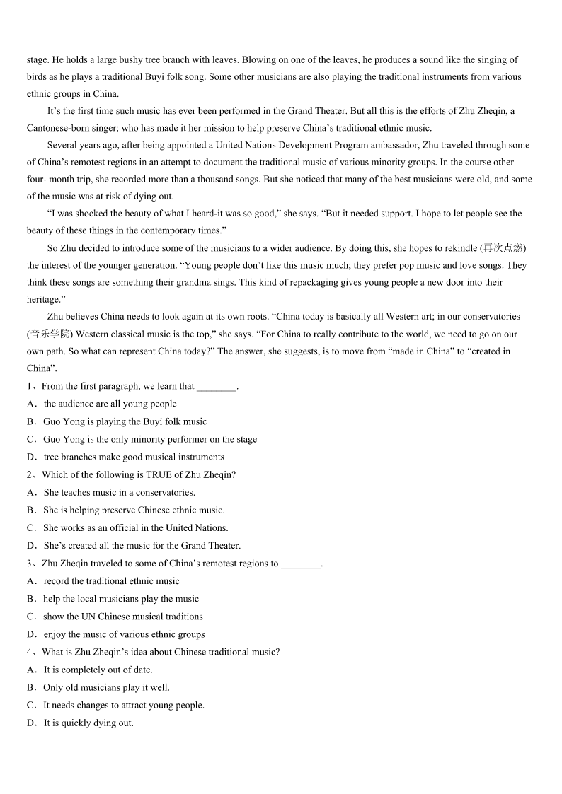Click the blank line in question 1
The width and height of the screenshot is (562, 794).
216,387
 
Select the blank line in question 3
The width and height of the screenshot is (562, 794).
301,564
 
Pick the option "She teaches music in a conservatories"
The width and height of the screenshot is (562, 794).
119,493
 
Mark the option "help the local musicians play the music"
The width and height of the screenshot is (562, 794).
121,599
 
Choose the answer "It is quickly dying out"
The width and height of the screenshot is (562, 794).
88,723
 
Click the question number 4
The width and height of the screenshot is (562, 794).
30,652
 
